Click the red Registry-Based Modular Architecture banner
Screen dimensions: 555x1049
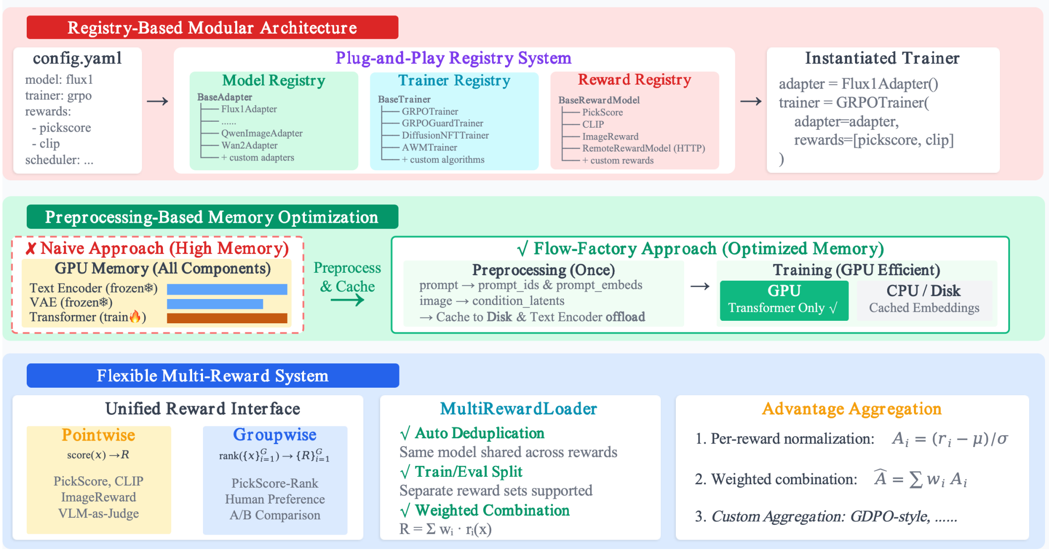212,28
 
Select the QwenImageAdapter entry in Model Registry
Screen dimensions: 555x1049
261,133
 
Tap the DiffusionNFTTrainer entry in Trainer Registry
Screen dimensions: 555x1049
445,135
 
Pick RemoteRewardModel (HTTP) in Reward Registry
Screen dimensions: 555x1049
643,148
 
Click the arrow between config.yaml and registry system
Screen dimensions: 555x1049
157,101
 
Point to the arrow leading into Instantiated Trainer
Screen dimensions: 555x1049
750,101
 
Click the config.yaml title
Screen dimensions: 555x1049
77,58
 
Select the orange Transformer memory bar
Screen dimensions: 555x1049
227,318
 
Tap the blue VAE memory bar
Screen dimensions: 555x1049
215,303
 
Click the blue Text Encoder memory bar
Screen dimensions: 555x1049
227,289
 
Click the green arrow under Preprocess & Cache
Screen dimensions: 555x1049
347,300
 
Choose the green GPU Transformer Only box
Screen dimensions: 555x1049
784,300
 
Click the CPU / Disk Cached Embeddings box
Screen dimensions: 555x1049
924,300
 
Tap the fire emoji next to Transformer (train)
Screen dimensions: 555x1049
135,317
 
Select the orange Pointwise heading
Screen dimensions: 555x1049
98,435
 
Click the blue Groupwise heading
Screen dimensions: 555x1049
275,435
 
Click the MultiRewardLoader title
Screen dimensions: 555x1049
518,408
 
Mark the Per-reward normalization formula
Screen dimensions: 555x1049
949,439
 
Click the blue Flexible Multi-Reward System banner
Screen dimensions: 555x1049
212,376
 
